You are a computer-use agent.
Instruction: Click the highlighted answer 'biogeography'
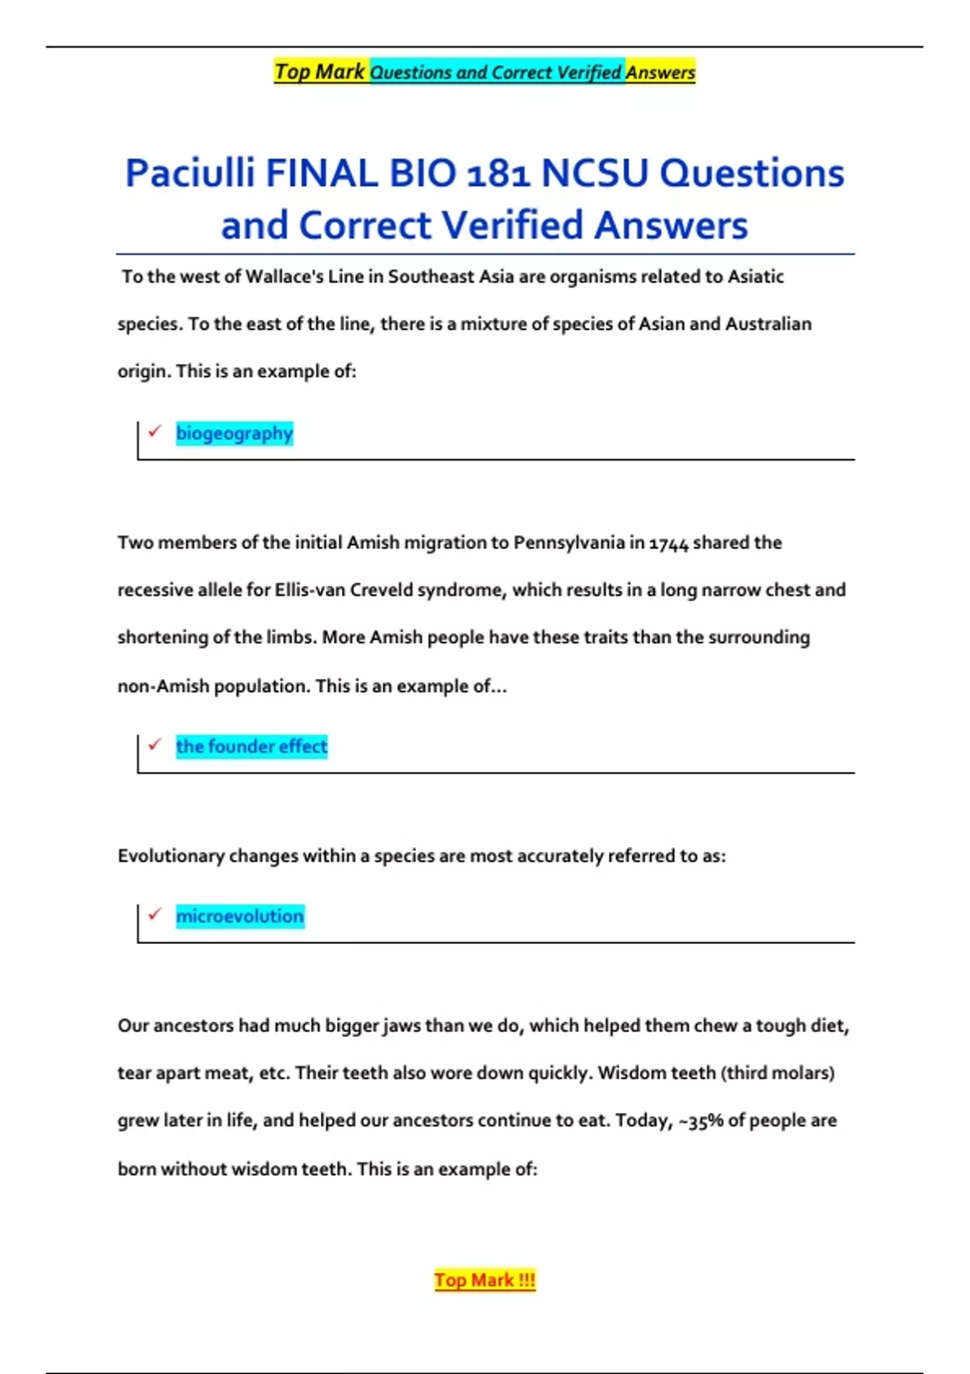tap(234, 433)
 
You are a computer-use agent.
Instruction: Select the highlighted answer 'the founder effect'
tap(251, 746)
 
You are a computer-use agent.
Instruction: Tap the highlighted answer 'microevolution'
tap(240, 916)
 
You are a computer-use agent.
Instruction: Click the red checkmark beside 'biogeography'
tap(154, 431)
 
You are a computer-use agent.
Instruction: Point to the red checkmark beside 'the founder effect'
tap(154, 744)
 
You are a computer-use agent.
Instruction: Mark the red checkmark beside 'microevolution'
tap(154, 913)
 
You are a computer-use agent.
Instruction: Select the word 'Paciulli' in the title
tap(190, 174)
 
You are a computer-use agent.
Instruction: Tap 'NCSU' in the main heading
tap(594, 174)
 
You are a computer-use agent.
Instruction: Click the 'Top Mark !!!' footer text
tap(484, 1280)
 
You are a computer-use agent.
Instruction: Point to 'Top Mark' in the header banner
tap(320, 72)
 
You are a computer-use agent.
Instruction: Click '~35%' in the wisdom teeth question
tap(700, 1121)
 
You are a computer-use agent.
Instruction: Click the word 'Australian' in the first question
tap(768, 324)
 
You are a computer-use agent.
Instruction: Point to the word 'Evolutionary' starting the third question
tap(171, 856)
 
